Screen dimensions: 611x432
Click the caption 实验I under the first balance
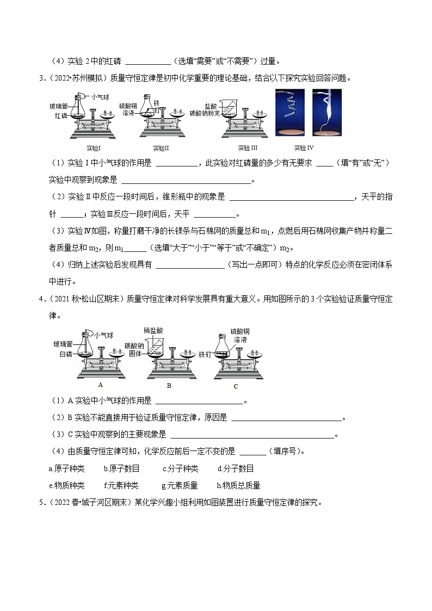94,148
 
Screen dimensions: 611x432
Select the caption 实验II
162,148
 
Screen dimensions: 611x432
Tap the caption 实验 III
248,148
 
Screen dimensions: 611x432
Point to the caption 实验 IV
304,148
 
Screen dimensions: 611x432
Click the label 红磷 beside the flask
60,116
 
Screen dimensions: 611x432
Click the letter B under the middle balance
169,385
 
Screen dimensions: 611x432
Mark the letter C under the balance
236,386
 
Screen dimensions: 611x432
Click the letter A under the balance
100,384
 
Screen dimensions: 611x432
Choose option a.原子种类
66,468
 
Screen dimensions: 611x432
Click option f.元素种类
121,485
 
